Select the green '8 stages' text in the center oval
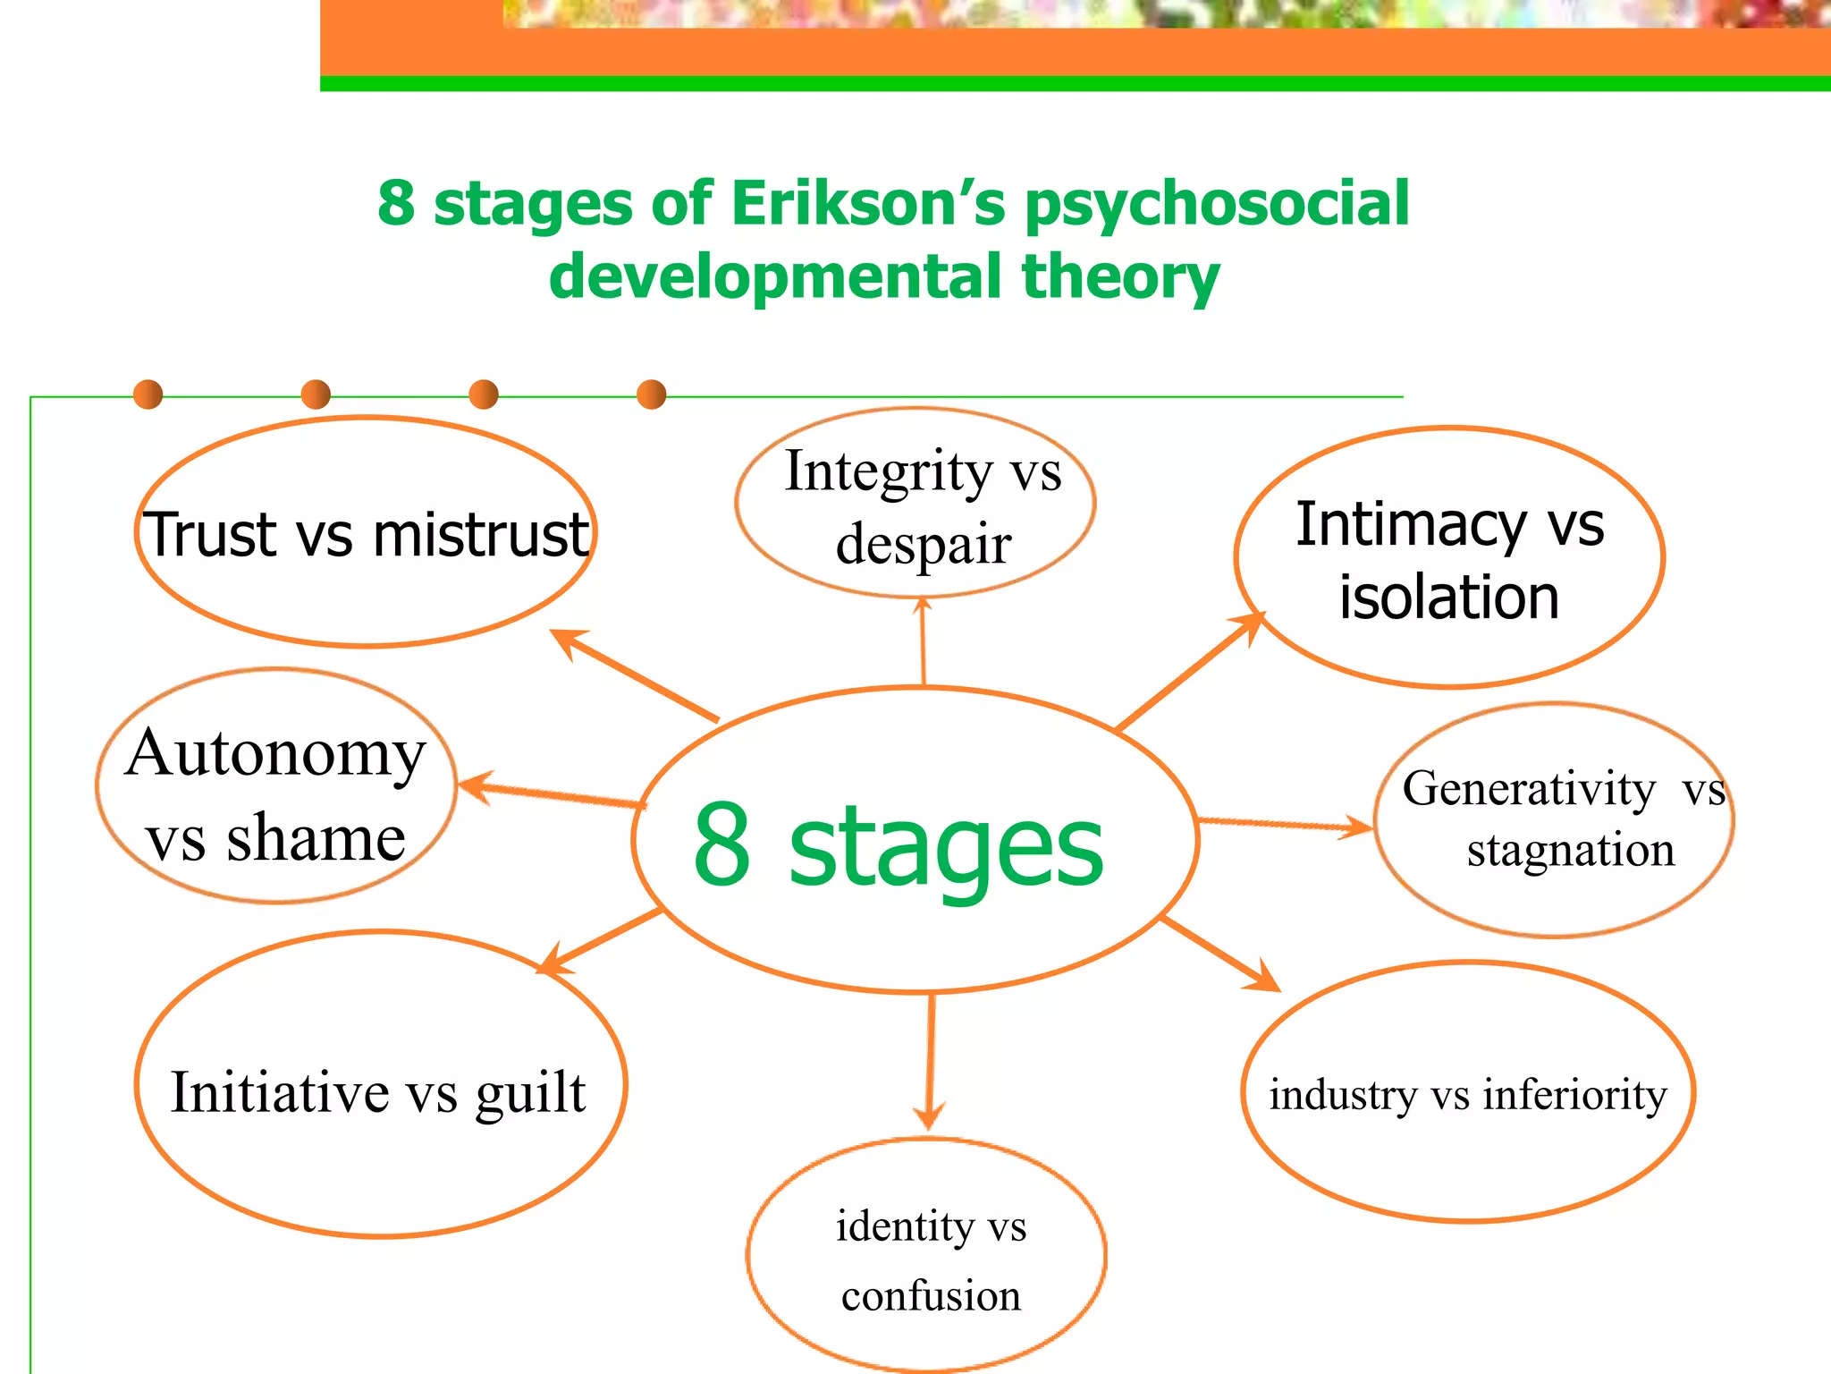click(899, 844)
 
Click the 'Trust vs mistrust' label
click(367, 535)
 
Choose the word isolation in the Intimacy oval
click(1448, 598)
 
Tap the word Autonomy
click(275, 754)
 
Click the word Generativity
click(1528, 789)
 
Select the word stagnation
click(1570, 850)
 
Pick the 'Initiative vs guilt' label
click(378, 1092)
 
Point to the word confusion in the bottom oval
click(931, 1296)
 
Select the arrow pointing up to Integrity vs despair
click(924, 641)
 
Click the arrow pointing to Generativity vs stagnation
click(1285, 824)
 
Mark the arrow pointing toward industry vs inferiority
click(1221, 954)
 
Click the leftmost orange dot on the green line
click(148, 394)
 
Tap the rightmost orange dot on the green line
click(652, 394)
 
